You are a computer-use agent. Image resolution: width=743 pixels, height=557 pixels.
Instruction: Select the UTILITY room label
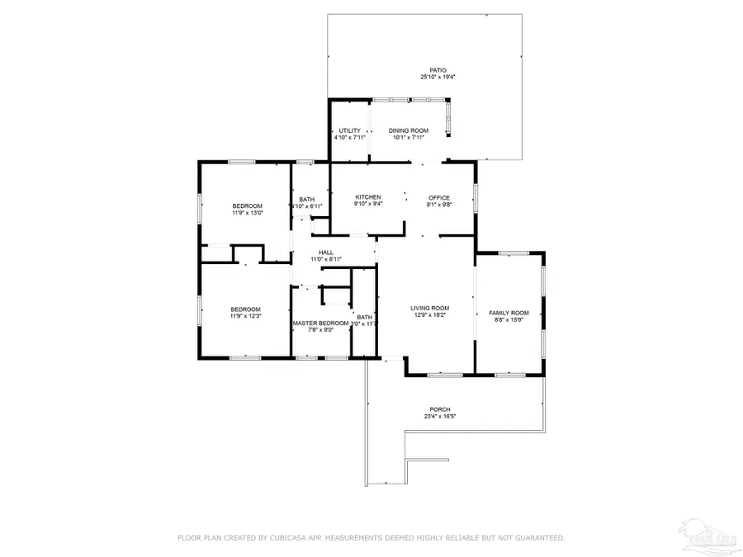click(x=349, y=130)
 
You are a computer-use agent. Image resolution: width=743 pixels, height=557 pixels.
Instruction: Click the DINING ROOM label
click(x=409, y=130)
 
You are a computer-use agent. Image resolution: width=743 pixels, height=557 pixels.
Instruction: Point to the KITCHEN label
click(x=367, y=197)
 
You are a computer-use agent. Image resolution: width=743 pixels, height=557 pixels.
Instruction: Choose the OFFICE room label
click(x=439, y=197)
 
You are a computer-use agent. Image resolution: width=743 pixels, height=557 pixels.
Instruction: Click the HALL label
click(x=326, y=253)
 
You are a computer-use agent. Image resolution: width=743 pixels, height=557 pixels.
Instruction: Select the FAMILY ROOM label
click(x=509, y=313)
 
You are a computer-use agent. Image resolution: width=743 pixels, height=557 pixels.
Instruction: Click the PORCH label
click(x=440, y=409)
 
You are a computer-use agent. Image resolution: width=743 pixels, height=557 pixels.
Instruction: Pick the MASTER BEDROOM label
click(x=320, y=323)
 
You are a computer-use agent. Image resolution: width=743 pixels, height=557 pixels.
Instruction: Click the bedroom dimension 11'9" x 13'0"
click(x=247, y=213)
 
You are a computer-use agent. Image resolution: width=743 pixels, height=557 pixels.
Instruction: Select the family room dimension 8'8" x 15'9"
click(x=509, y=320)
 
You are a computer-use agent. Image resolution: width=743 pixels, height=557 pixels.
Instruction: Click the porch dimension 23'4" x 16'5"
click(x=440, y=417)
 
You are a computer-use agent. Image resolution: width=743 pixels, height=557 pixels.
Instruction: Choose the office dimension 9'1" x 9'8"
click(x=439, y=205)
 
